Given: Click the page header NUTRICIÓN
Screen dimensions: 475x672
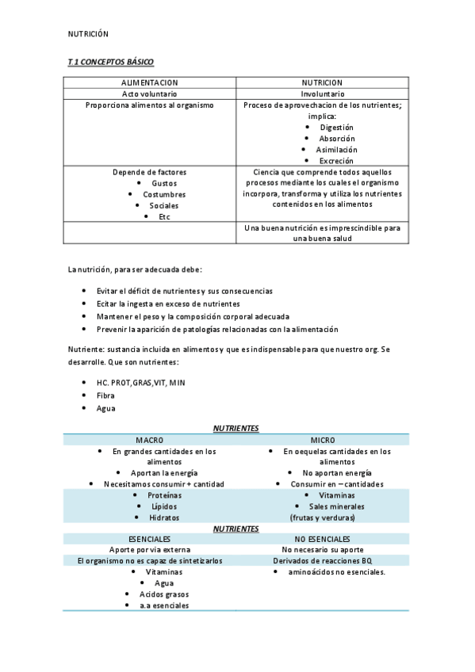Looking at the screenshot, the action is coord(87,34).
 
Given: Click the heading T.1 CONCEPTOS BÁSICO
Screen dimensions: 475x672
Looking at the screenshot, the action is coord(111,62).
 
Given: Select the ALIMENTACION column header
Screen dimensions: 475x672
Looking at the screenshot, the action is coord(149,82).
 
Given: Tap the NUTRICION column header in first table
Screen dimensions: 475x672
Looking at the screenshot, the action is coord(322,82).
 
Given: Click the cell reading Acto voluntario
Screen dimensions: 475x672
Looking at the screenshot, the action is coord(149,94).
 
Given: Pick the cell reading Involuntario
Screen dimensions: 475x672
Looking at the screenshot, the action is coord(322,94).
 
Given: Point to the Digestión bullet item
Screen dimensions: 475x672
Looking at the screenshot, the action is coord(336,127).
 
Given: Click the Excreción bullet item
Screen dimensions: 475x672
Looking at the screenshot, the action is coord(336,160).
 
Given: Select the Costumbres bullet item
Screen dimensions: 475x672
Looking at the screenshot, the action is coord(164,194).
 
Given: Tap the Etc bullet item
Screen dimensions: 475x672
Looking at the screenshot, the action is coord(164,216).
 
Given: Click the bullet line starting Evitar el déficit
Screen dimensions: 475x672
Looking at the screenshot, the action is coord(184,291).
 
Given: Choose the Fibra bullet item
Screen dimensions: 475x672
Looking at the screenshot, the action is coord(105,395).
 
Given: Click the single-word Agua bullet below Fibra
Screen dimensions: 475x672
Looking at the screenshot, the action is coord(105,408).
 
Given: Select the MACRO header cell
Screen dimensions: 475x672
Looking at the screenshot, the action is coord(149,440).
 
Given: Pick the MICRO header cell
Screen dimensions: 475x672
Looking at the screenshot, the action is coord(322,440).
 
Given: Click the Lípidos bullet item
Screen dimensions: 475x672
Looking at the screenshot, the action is coord(163,506).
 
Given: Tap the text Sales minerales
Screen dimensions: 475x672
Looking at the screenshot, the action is coord(336,506).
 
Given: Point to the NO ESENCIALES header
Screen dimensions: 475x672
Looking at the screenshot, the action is coord(322,539).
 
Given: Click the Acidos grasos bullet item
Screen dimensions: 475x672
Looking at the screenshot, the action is coord(163,594).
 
